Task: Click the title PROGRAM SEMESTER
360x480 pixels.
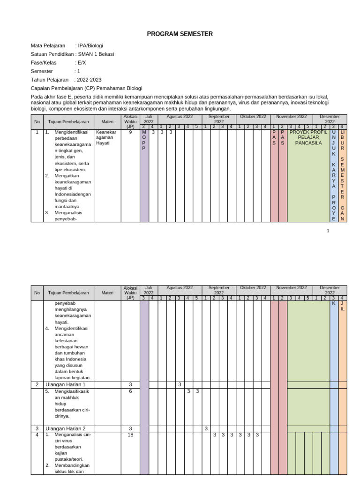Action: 180,34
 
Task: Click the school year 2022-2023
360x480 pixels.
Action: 89,80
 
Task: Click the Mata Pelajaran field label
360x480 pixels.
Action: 48,46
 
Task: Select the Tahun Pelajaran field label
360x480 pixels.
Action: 49,80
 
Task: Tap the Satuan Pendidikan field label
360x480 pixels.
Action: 52,54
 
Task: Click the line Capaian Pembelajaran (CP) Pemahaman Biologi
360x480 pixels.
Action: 86,88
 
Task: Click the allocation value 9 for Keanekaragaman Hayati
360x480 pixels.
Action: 130,132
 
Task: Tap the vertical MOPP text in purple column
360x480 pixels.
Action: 144,140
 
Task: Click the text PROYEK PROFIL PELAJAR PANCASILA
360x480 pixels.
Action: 308,137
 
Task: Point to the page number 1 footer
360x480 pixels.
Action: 328,231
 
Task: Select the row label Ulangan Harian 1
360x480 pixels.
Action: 65,384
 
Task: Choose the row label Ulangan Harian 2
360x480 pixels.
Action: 65,428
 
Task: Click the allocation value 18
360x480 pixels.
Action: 130,435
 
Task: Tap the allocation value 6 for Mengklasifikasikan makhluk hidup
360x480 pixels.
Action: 130,391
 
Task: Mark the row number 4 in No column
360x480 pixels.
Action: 37,435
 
